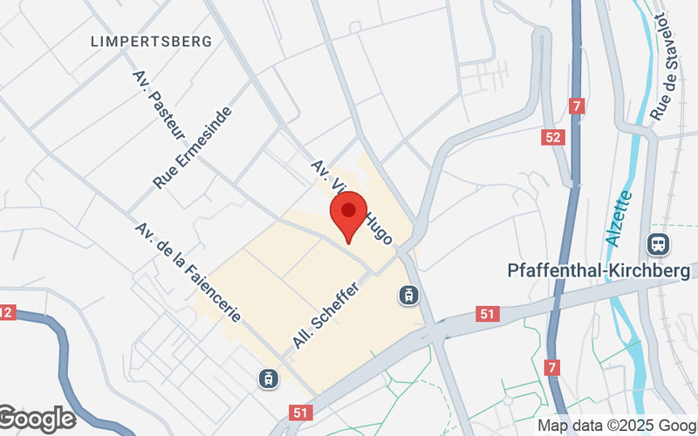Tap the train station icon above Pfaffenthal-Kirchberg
(x=657, y=243)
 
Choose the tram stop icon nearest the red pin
(x=407, y=296)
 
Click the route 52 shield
(x=552, y=137)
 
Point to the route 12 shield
(x=6, y=311)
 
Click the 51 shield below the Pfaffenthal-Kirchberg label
(x=487, y=313)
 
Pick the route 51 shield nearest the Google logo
(x=301, y=411)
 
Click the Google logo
(x=38, y=419)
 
